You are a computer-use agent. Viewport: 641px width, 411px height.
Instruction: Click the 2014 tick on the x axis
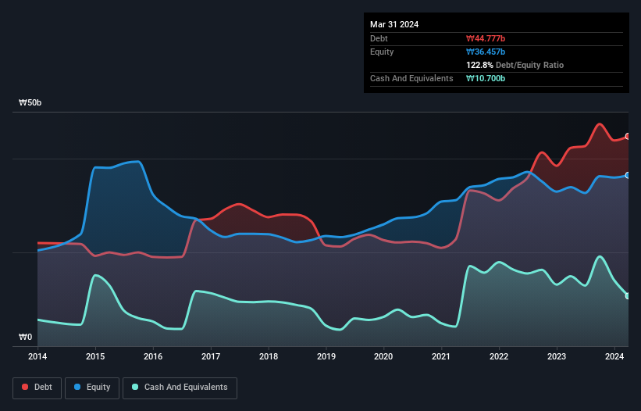[37, 356]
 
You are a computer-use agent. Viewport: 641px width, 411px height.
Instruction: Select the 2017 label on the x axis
[210, 356]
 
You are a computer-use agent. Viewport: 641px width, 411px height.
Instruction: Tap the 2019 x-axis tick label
[326, 356]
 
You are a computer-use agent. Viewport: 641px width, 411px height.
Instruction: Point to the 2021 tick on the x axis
[441, 356]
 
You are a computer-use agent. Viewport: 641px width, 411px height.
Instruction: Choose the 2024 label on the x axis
[614, 356]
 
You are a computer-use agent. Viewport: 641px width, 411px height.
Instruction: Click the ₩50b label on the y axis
[30, 103]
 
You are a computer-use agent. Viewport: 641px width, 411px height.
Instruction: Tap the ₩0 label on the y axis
[26, 338]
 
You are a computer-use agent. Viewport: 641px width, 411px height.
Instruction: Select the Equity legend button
[92, 388]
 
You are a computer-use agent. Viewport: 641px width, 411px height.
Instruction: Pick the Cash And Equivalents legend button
[180, 388]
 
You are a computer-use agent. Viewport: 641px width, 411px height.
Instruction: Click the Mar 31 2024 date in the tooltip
[394, 24]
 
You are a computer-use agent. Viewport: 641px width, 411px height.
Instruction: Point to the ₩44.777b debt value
[486, 38]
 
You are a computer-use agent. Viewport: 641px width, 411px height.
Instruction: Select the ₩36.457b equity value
[486, 52]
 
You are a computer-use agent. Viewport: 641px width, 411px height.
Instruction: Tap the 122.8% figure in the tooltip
[479, 65]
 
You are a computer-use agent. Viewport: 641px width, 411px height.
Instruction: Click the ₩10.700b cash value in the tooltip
[486, 78]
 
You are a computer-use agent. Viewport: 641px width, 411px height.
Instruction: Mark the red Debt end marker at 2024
[628, 137]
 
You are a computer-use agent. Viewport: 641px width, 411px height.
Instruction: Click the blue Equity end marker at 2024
[628, 175]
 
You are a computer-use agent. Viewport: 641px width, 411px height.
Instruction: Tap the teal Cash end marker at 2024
[628, 295]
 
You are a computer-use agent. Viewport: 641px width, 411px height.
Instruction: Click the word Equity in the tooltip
[382, 52]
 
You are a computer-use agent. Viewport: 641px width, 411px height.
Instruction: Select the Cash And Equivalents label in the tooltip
[411, 78]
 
